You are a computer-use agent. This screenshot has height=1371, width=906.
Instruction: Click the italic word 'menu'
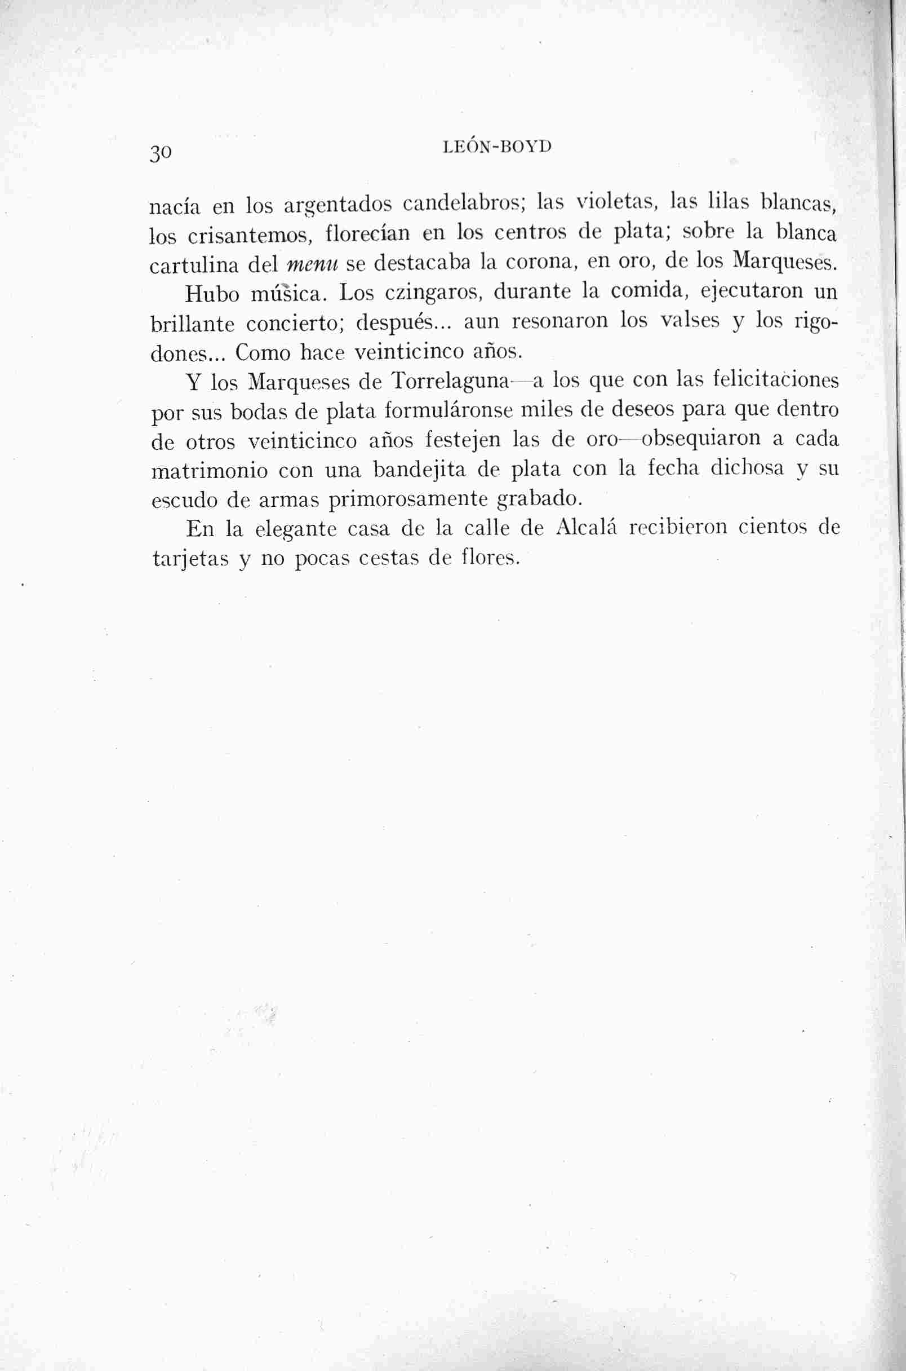coord(312,265)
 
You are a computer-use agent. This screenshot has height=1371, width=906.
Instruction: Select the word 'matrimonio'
coord(209,471)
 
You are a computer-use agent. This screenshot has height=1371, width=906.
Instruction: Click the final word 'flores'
coord(488,558)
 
